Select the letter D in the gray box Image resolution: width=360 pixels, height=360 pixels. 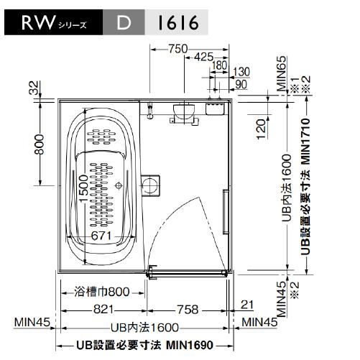124,24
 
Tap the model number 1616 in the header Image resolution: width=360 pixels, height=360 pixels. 176,24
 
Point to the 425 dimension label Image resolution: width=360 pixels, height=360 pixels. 204,57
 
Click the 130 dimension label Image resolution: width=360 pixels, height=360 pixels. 242,71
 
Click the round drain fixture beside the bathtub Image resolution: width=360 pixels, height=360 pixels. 150,185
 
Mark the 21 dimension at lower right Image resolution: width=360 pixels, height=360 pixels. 248,305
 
